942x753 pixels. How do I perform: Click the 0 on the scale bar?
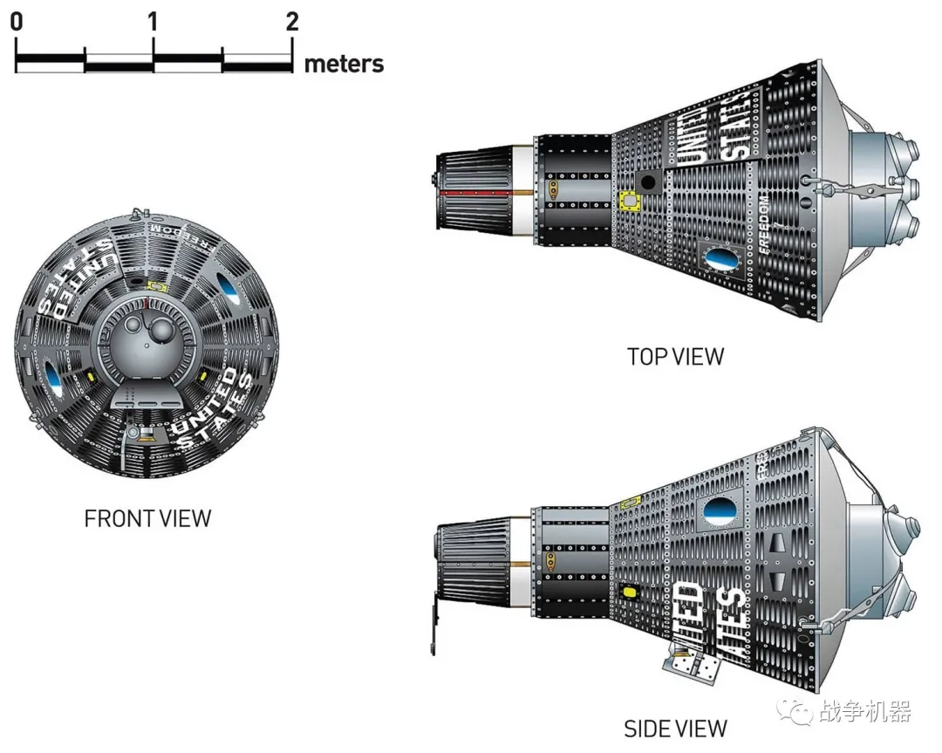17,21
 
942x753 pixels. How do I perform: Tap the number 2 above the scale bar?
292,21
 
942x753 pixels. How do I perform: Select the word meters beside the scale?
344,64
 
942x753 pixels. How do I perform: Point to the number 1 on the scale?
154,21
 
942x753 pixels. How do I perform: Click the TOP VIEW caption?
675,356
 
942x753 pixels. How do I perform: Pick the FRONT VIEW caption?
147,518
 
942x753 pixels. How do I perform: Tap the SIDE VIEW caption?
675,728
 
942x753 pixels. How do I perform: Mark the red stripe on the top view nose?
476,191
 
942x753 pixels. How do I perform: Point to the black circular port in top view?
647,182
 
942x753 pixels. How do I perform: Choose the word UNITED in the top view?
692,138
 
